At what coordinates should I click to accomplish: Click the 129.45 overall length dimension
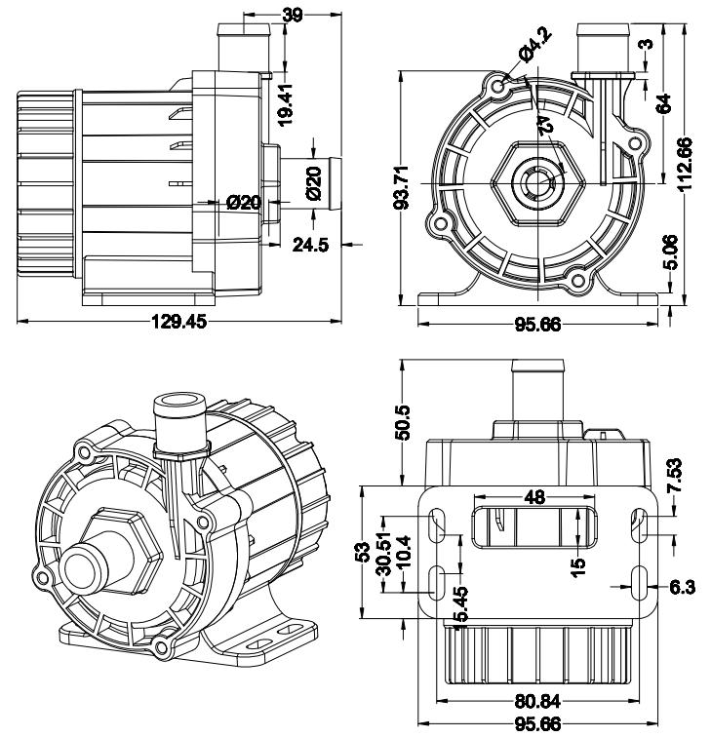[178, 322]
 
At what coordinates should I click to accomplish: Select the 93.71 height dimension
[401, 187]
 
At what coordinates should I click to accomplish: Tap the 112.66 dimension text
[685, 164]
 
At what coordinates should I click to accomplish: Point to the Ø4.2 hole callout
[535, 46]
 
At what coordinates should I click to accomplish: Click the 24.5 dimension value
[310, 245]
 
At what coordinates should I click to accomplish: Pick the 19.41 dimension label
[285, 104]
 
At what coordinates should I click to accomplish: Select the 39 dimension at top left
[293, 16]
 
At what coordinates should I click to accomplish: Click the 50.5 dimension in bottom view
[403, 422]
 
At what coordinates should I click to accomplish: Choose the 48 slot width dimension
[534, 497]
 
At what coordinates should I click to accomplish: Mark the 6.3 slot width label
[682, 587]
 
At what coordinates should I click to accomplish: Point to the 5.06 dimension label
[671, 252]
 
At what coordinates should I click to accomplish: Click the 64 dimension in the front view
[663, 103]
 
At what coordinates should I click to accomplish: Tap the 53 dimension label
[363, 553]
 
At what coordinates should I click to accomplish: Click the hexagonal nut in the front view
[538, 182]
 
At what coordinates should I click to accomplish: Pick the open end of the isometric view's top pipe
[179, 402]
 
